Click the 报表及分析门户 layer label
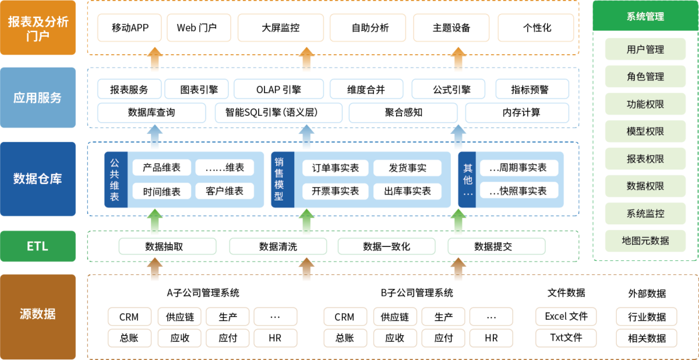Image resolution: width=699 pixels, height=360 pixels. click(x=38, y=28)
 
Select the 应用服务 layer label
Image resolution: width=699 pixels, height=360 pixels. click(x=38, y=98)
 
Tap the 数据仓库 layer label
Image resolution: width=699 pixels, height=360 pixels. click(x=38, y=179)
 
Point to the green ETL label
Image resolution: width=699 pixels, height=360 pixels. click(x=38, y=246)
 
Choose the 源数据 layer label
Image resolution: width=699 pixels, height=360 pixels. click(x=38, y=315)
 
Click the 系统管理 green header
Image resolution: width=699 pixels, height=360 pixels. click(x=645, y=16)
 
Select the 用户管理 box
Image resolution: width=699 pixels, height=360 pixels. click(x=645, y=50)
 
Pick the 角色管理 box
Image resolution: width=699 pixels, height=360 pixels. click(x=645, y=77)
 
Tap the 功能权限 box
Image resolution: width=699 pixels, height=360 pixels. click(x=645, y=104)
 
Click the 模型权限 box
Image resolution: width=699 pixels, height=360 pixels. click(x=645, y=132)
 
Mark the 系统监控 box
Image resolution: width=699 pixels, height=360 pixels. click(x=645, y=214)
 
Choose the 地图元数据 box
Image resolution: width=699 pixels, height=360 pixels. click(x=645, y=241)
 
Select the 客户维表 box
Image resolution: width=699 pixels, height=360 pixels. click(x=224, y=191)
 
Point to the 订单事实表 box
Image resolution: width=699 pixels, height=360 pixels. click(x=336, y=168)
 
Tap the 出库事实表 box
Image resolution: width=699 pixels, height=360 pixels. click(x=408, y=191)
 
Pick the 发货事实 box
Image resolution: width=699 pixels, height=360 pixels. click(x=408, y=168)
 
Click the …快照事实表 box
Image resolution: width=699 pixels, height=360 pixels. click(x=518, y=190)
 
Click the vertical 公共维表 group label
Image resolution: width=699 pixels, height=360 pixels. click(x=115, y=180)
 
